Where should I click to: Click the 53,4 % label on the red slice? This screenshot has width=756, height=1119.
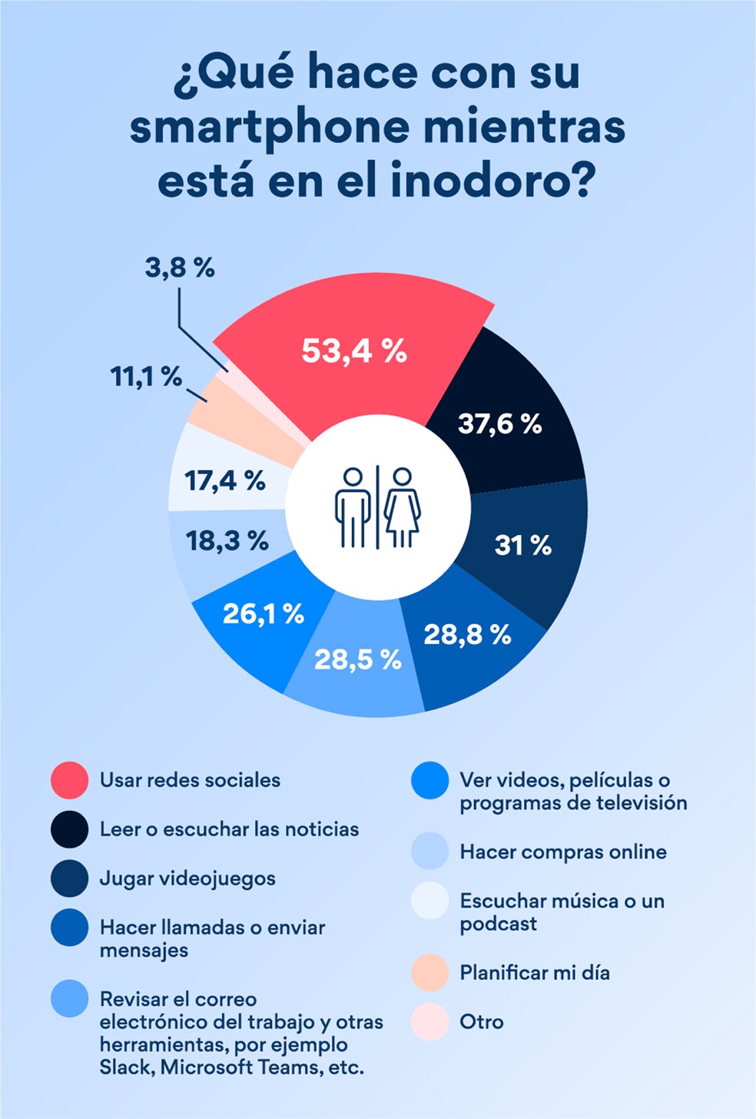click(x=353, y=350)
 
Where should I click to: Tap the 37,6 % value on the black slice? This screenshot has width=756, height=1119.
click(x=500, y=423)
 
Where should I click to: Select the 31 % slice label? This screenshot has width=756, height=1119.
click(x=522, y=545)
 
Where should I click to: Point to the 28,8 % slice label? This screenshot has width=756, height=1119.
click(x=467, y=634)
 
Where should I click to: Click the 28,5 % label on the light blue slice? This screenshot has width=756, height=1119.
click(x=358, y=659)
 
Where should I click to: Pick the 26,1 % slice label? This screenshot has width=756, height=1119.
click(x=264, y=613)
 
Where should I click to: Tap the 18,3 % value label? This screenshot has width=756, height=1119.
click(x=227, y=540)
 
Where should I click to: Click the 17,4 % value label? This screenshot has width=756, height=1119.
click(x=224, y=481)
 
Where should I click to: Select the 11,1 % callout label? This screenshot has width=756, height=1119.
click(x=146, y=377)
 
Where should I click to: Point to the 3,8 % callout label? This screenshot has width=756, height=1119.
click(x=180, y=268)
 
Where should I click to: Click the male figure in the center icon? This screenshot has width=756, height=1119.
click(x=353, y=508)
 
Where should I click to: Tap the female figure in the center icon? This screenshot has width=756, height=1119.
click(x=402, y=508)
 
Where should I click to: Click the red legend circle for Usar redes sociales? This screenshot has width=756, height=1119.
click(x=69, y=780)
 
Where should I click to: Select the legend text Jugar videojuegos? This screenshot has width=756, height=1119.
click(x=187, y=878)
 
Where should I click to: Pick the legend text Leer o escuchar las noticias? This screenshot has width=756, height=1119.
click(x=229, y=829)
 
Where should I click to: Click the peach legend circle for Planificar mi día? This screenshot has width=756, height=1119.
click(x=429, y=973)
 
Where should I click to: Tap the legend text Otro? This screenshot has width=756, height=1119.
click(x=482, y=1022)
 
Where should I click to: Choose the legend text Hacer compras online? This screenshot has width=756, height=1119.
click(x=563, y=852)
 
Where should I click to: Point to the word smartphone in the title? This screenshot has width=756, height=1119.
click(x=270, y=128)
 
